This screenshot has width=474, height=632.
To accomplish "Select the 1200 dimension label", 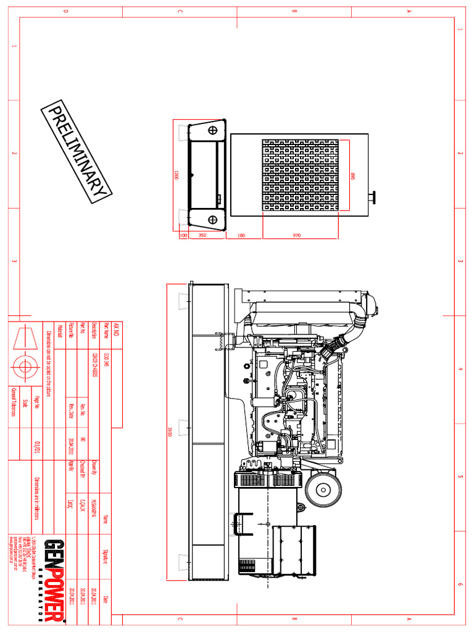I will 176,175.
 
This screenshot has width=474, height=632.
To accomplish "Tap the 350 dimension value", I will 202,235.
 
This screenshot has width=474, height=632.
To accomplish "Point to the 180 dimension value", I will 241,235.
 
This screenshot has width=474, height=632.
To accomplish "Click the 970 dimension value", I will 301,235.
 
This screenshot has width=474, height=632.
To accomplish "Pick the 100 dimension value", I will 183,235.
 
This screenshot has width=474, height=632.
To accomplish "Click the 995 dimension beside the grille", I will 353,177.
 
